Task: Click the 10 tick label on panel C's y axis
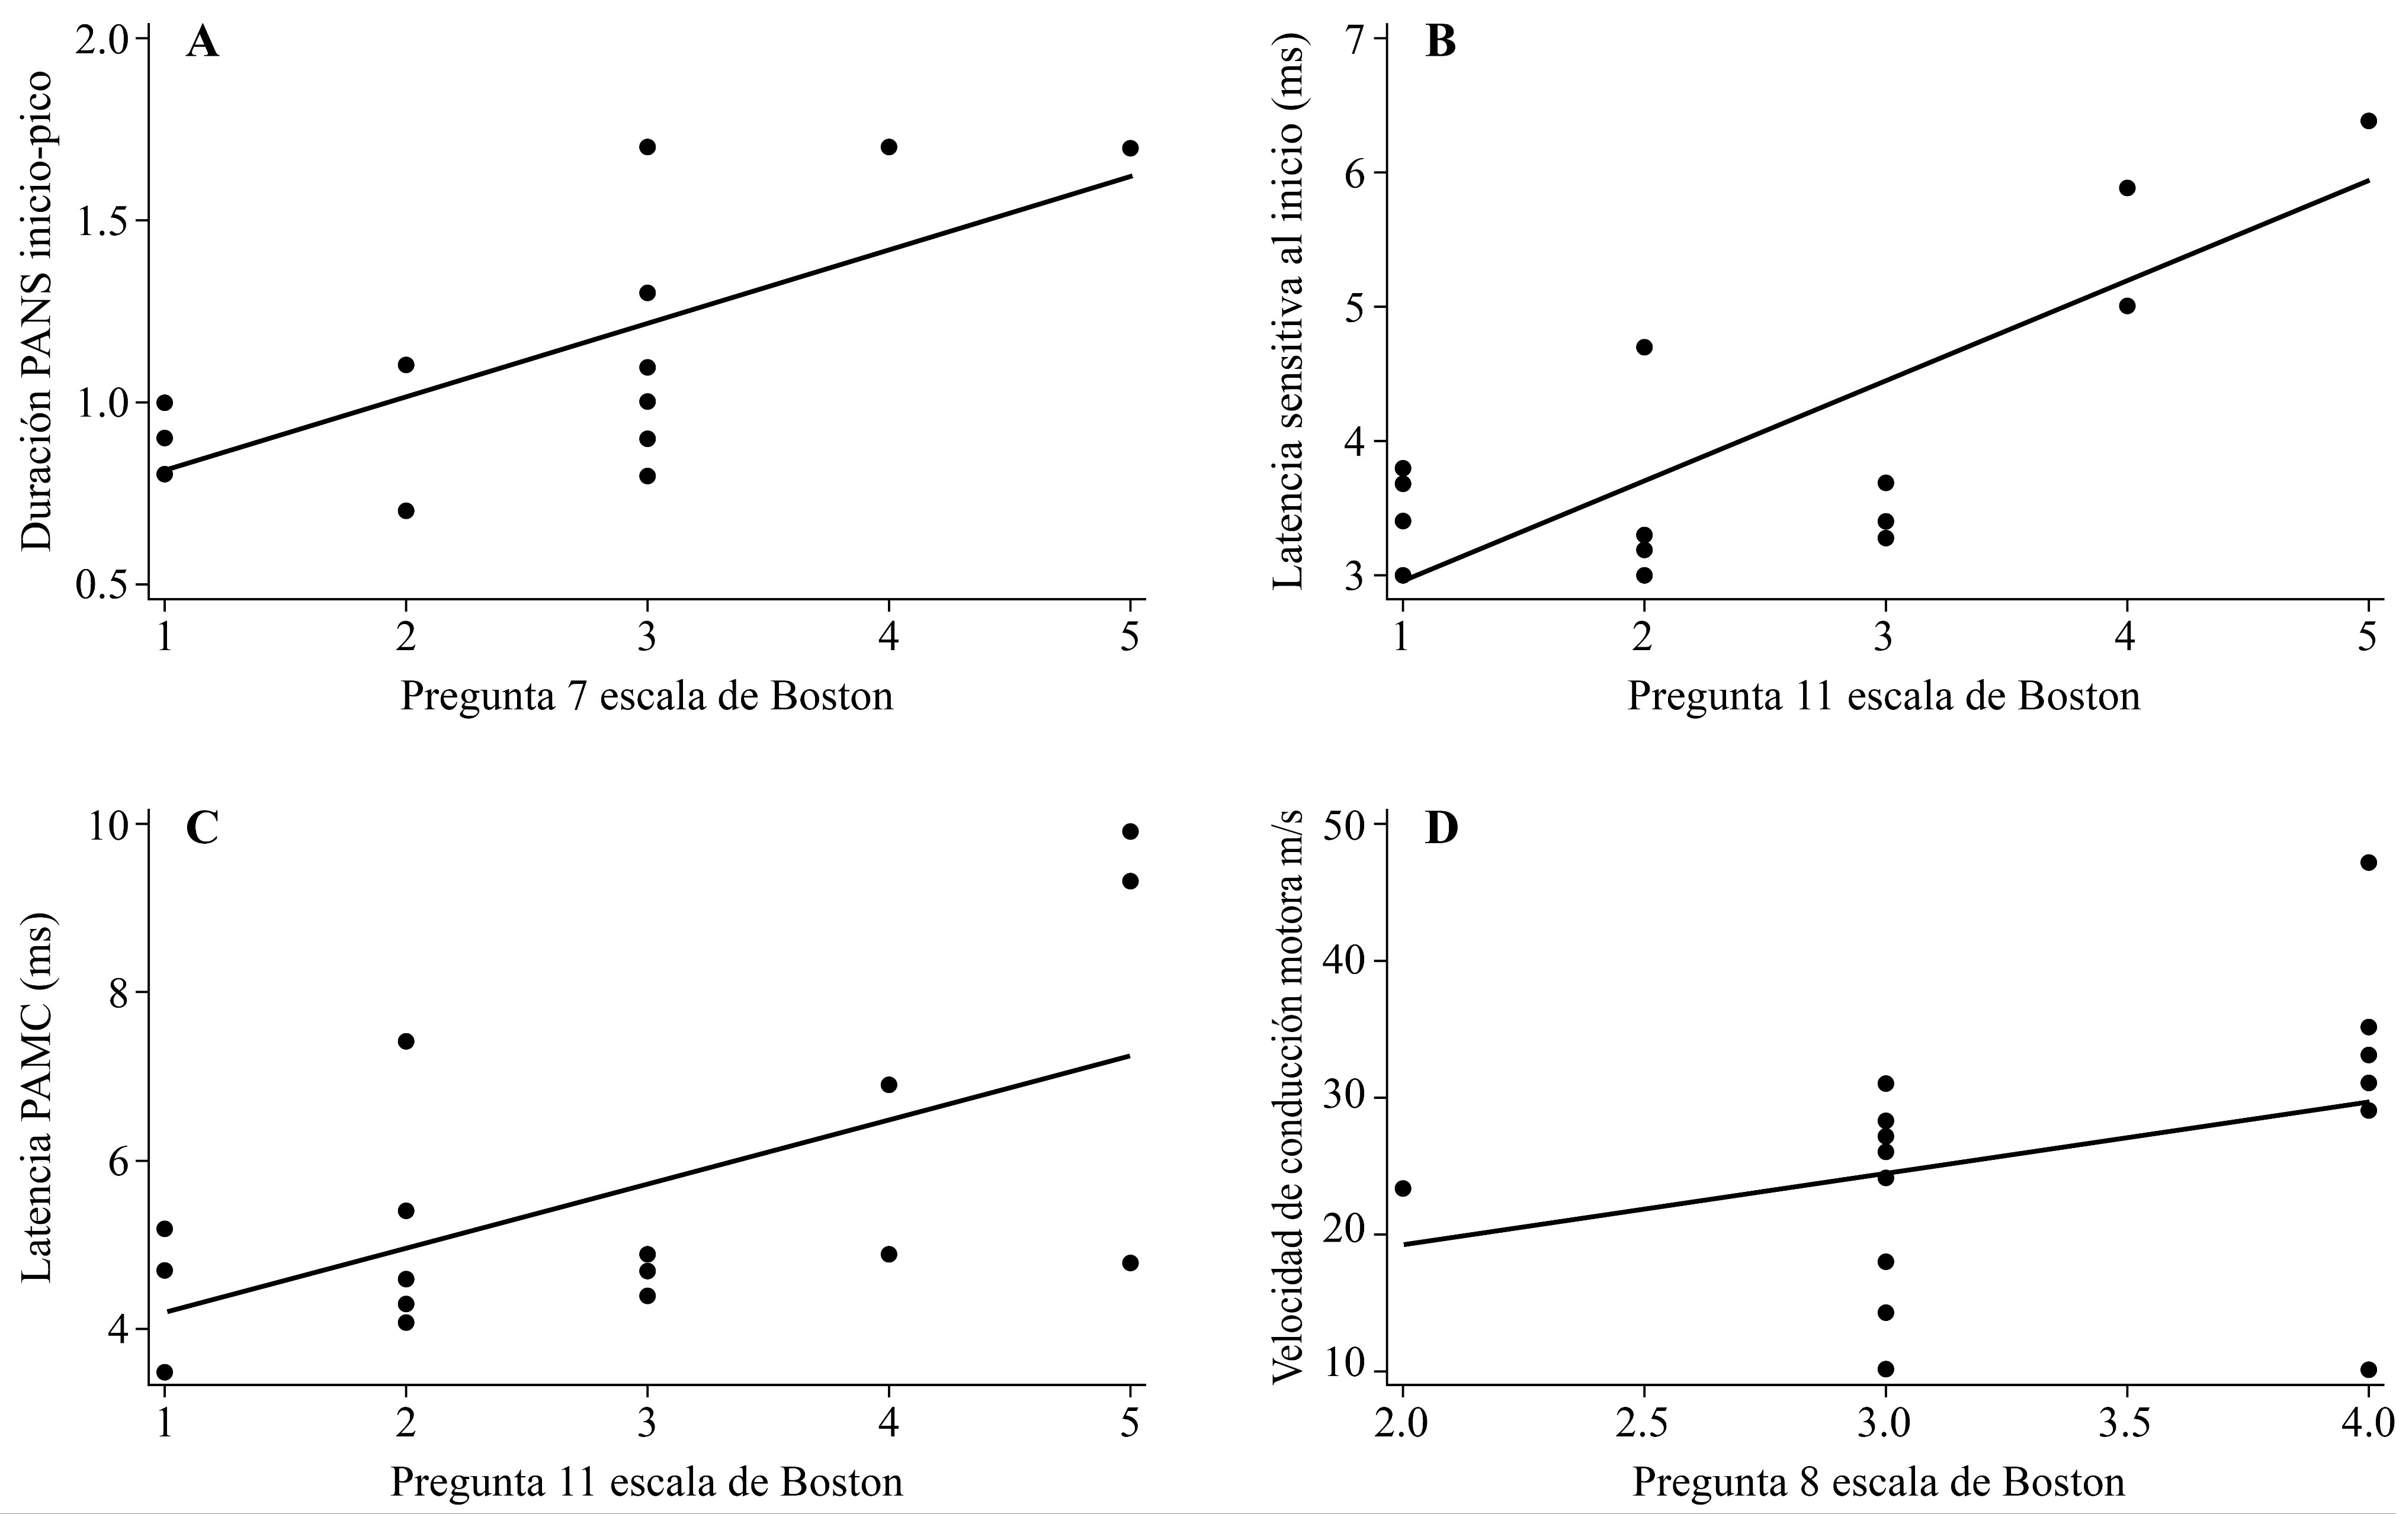(x=110, y=825)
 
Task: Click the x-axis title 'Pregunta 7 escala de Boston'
(x=647, y=696)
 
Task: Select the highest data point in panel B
(x=2368, y=120)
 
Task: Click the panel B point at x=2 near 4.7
(x=1644, y=347)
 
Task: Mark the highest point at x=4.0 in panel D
(x=2368, y=863)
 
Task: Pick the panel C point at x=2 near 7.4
(x=406, y=1042)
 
